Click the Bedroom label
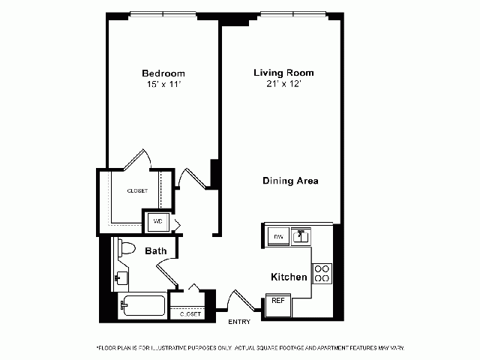click(x=163, y=73)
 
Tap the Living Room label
click(x=283, y=73)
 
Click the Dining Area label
click(x=291, y=181)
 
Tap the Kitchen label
click(x=289, y=277)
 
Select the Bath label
click(x=156, y=250)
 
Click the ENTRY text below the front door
click(x=239, y=322)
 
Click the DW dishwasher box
click(x=277, y=237)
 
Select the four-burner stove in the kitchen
click(x=322, y=273)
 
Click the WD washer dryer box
click(x=157, y=222)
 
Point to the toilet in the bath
click(x=124, y=248)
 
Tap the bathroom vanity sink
click(x=121, y=278)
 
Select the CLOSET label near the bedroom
click(x=136, y=190)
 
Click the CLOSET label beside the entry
click(x=190, y=313)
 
